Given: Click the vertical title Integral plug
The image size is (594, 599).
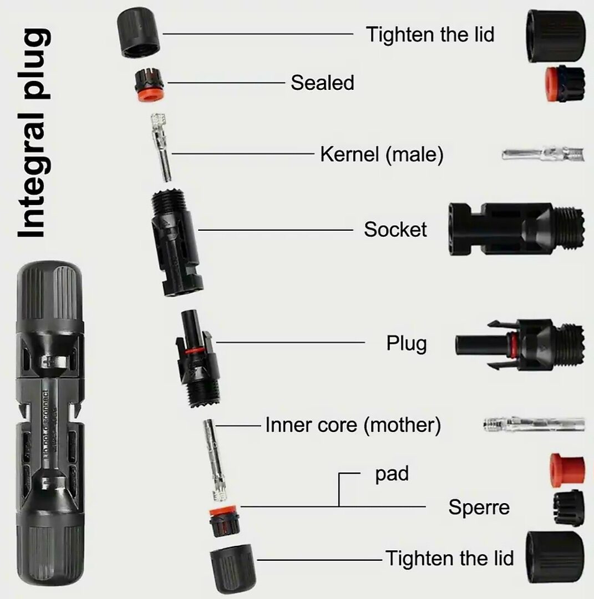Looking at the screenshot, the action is (x=34, y=133).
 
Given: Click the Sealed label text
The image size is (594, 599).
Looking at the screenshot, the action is (x=322, y=83).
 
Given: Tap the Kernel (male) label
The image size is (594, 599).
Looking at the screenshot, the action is (x=382, y=154).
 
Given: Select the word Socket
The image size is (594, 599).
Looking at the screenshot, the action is (x=395, y=230).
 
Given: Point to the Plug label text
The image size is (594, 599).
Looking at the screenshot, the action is (x=407, y=343).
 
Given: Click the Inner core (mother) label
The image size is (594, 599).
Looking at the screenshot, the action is (x=353, y=425).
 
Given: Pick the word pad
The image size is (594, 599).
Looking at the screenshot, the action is (x=392, y=474).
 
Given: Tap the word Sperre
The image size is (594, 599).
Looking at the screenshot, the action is (x=479, y=507).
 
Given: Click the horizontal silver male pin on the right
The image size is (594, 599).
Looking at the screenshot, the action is (x=543, y=154).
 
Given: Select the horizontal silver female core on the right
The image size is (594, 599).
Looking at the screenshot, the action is (x=534, y=424).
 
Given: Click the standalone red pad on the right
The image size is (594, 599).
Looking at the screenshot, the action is (x=567, y=470).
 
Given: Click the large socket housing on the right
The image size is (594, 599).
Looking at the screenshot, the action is (x=516, y=230).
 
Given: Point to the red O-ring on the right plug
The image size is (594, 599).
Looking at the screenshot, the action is (x=510, y=344).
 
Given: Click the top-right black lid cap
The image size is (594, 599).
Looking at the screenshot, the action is (x=556, y=35).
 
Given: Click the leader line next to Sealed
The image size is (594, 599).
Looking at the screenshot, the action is (x=226, y=83).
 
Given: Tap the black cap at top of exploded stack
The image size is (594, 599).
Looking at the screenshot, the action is (x=138, y=32).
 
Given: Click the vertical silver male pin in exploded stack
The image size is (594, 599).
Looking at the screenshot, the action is (x=162, y=146).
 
